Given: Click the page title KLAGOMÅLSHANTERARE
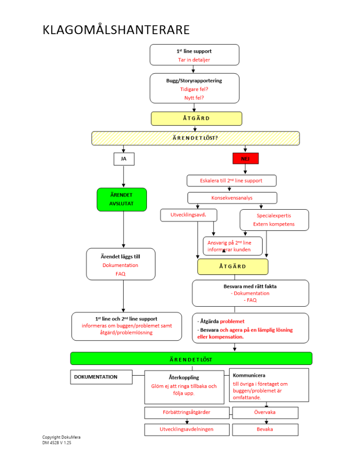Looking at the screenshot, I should [x=116, y=30].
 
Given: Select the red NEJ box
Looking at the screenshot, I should [x=245, y=159].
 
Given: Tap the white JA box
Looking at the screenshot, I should [x=124, y=159].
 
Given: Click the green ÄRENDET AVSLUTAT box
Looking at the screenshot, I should [x=122, y=199].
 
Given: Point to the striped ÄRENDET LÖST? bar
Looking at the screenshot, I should [x=195, y=138].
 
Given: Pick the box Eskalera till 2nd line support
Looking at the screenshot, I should [x=231, y=180].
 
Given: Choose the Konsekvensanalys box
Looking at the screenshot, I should [x=232, y=198].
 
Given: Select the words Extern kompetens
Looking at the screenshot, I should [x=274, y=224].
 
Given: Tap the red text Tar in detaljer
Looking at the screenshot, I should [x=194, y=60].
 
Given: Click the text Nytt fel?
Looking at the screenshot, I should [x=194, y=97].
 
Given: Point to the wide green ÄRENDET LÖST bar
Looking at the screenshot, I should [x=191, y=358].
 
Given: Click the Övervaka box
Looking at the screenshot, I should [x=264, y=412].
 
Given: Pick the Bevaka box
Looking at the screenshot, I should [x=264, y=429].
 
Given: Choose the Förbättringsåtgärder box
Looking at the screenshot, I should [x=187, y=412].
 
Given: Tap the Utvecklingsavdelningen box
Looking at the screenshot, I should [x=187, y=429].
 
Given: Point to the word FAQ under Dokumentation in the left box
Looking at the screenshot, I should [x=120, y=274].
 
